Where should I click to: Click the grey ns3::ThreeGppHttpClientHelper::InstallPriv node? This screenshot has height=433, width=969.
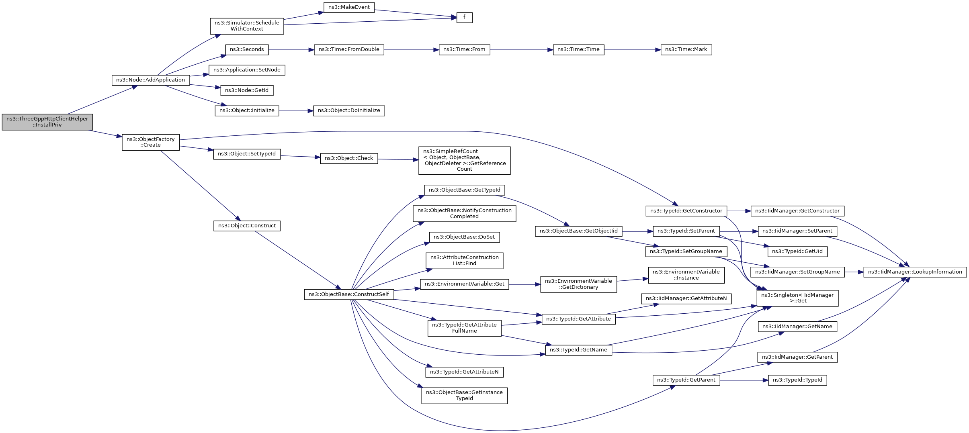tap(47, 122)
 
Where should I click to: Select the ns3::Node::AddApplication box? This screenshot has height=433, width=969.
tap(151, 80)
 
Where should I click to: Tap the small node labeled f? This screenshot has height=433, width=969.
tap(464, 18)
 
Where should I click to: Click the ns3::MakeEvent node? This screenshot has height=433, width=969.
tap(349, 7)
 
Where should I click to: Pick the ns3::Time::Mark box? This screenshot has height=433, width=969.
tap(686, 50)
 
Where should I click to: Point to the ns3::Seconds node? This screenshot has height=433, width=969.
tap(247, 50)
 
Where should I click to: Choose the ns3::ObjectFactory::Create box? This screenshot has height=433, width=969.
tap(151, 143)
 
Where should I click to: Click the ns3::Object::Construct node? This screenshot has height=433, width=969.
tap(247, 226)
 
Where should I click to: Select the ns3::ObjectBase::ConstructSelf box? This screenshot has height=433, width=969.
tap(349, 294)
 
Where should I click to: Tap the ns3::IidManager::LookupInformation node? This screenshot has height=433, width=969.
tap(915, 272)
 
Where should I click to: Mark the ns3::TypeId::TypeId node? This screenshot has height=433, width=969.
tap(797, 380)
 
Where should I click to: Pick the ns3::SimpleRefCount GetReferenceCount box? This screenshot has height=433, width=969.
tap(464, 161)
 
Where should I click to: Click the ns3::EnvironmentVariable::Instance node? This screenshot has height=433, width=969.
tap(686, 275)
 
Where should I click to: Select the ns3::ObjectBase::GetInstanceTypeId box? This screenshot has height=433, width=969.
tap(464, 396)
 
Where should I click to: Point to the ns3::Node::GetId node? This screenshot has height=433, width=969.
tap(247, 90)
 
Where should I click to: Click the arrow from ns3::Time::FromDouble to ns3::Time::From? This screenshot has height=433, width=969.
tap(411, 50)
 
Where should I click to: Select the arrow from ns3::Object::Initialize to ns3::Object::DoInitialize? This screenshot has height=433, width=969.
tap(296, 111)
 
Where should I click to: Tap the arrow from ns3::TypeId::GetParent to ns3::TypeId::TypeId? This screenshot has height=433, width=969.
tap(744, 380)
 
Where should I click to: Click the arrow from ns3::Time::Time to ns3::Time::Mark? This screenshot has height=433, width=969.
tap(632, 50)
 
